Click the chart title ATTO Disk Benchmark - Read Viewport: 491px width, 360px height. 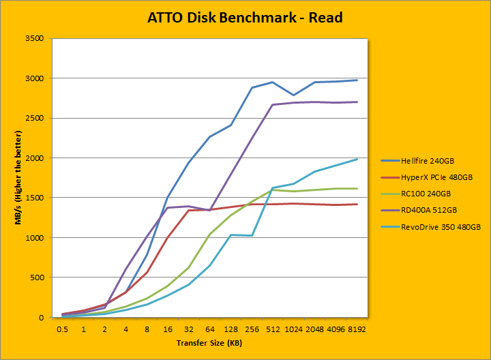coord(245,17)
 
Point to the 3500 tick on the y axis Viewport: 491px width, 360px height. coord(34,39)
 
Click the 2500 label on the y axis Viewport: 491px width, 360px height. coord(34,118)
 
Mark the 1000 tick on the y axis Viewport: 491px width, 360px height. coord(34,238)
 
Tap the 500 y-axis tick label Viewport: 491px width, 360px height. coord(36,277)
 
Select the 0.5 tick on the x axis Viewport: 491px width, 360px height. coord(63,328)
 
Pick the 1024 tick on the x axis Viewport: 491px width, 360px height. coord(293,328)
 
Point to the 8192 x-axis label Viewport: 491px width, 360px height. coord(357,328)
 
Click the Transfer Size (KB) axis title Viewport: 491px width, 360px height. coord(210,343)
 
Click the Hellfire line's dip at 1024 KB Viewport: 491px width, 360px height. coord(293,95)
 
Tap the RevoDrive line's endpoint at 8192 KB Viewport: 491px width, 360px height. coord(357,160)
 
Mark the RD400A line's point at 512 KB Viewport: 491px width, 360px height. coord(273,105)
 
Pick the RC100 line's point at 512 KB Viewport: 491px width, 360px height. coord(273,190)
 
